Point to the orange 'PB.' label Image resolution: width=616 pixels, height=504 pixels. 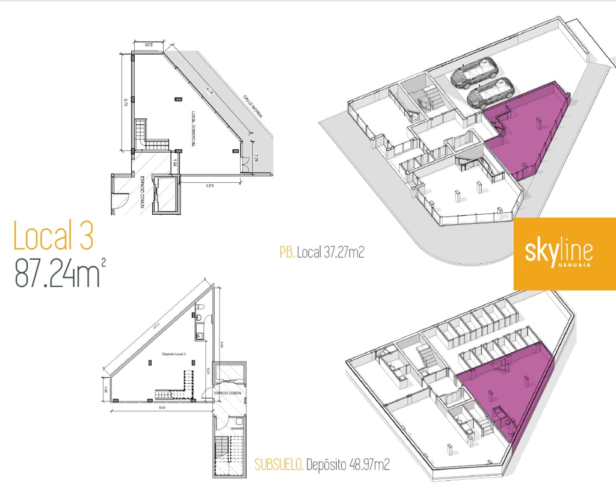pyautogui.click(x=286, y=253)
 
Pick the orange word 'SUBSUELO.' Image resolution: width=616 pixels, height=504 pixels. pyautogui.click(x=279, y=465)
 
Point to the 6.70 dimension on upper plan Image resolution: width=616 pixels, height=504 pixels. pyautogui.click(x=126, y=102)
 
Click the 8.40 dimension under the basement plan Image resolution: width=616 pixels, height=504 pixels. pyautogui.click(x=161, y=408)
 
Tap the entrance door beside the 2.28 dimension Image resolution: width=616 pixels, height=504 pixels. pyautogui.click(x=245, y=162)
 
